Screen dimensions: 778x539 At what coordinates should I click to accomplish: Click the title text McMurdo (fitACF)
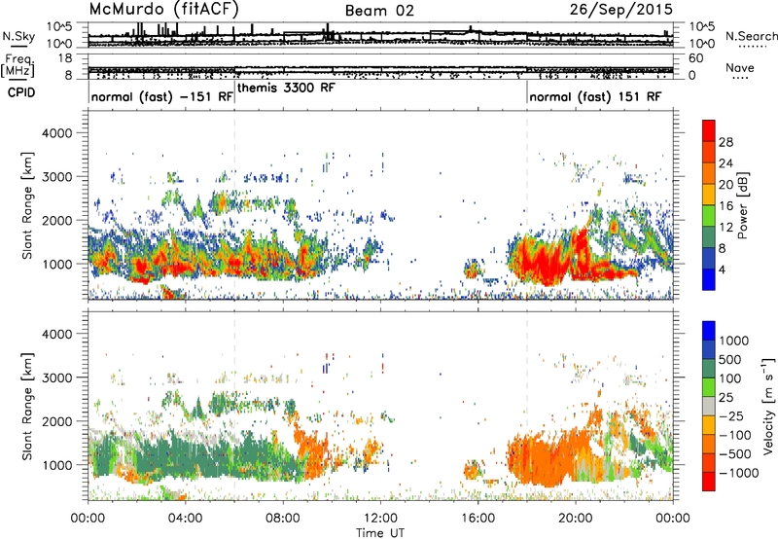pyautogui.click(x=163, y=10)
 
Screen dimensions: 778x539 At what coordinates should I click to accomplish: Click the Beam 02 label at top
pyautogui.click(x=379, y=11)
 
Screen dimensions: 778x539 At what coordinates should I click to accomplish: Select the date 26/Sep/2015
pyautogui.click(x=621, y=10)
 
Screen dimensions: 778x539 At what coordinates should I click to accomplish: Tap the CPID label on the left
pyautogui.click(x=21, y=92)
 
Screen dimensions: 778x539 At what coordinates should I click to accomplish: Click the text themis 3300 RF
pyautogui.click(x=286, y=88)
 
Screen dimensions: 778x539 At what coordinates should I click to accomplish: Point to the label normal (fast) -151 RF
pyautogui.click(x=162, y=96)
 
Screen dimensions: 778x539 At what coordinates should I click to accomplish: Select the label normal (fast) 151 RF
pyautogui.click(x=595, y=96)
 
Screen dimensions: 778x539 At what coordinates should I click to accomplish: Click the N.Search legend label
pyautogui.click(x=751, y=36)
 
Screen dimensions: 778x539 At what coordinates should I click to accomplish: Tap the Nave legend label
pyautogui.click(x=740, y=67)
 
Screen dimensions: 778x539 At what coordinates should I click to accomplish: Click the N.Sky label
pyautogui.click(x=18, y=36)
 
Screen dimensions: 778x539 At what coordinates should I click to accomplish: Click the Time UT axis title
pyautogui.click(x=380, y=533)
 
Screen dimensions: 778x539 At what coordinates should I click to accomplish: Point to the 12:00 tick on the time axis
pyautogui.click(x=380, y=519)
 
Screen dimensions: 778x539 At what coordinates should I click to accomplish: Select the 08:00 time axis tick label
pyautogui.click(x=283, y=519)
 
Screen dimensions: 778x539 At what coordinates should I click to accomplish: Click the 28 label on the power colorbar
pyautogui.click(x=725, y=142)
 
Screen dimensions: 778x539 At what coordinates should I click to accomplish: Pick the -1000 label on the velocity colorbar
pyautogui.click(x=739, y=473)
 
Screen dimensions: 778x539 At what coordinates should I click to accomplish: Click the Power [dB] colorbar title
pyautogui.click(x=743, y=205)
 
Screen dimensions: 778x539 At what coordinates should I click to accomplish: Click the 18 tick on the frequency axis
pyautogui.click(x=65, y=58)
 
